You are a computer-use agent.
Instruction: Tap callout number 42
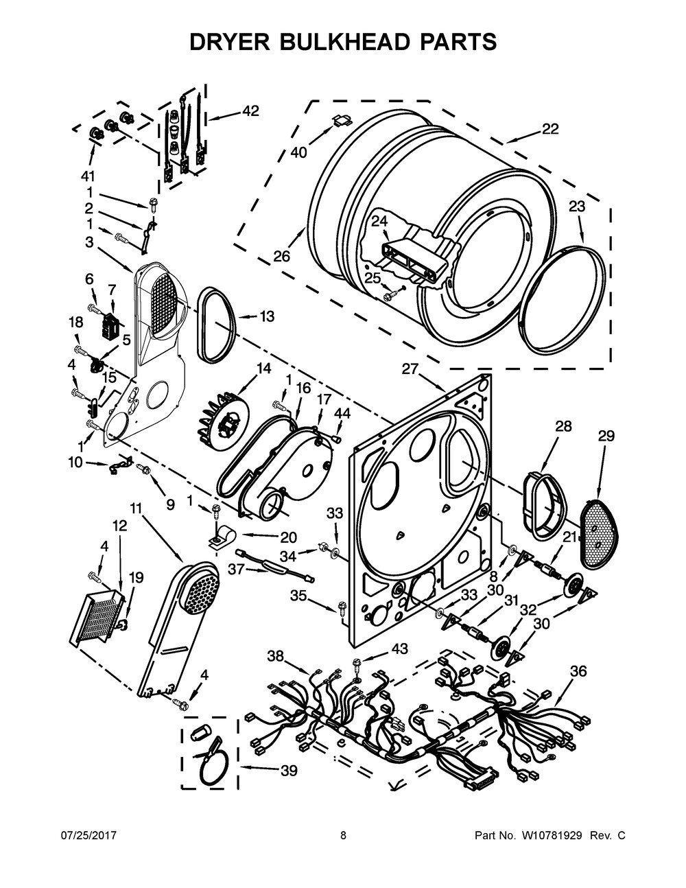[x=250, y=110]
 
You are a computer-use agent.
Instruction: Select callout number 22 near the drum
[x=550, y=129]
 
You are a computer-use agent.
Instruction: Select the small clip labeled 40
[x=342, y=121]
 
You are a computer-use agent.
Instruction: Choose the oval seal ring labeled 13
[x=216, y=324]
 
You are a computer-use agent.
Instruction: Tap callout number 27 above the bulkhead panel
[x=410, y=369]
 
